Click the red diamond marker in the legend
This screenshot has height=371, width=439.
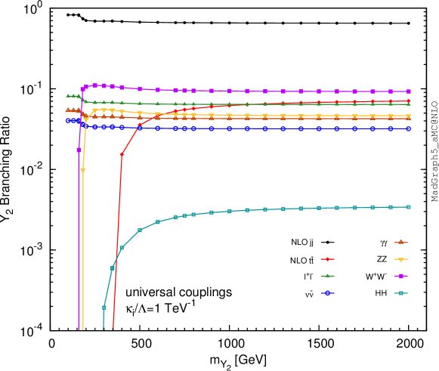[x=327, y=259]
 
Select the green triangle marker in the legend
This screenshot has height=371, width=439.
[x=327, y=276]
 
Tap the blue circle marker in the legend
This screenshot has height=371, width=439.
[x=327, y=292]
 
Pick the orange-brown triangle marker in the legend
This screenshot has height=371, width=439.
[x=401, y=242]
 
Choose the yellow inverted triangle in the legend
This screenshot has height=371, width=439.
[x=401, y=259]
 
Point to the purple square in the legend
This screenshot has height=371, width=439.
[x=401, y=276]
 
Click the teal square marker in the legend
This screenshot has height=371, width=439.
[x=401, y=293]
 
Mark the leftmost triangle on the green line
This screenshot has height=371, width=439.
[x=68, y=95]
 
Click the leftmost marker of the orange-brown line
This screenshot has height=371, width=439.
[x=68, y=110]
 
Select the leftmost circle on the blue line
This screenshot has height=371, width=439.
[x=68, y=120]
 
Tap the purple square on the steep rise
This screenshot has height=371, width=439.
[x=79, y=150]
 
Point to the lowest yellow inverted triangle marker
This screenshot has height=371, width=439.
[x=83, y=171]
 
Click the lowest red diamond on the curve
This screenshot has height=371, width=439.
[x=122, y=155]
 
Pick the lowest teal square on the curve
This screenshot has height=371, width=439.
[x=104, y=308]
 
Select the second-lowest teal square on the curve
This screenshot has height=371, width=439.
[x=113, y=267]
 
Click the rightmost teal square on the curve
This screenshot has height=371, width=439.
[x=409, y=207]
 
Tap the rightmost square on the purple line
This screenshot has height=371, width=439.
[x=409, y=91]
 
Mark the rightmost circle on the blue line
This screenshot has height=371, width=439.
[x=409, y=128]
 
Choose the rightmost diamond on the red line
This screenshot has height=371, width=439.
[x=409, y=100]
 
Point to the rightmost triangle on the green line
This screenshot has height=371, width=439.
[x=409, y=104]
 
